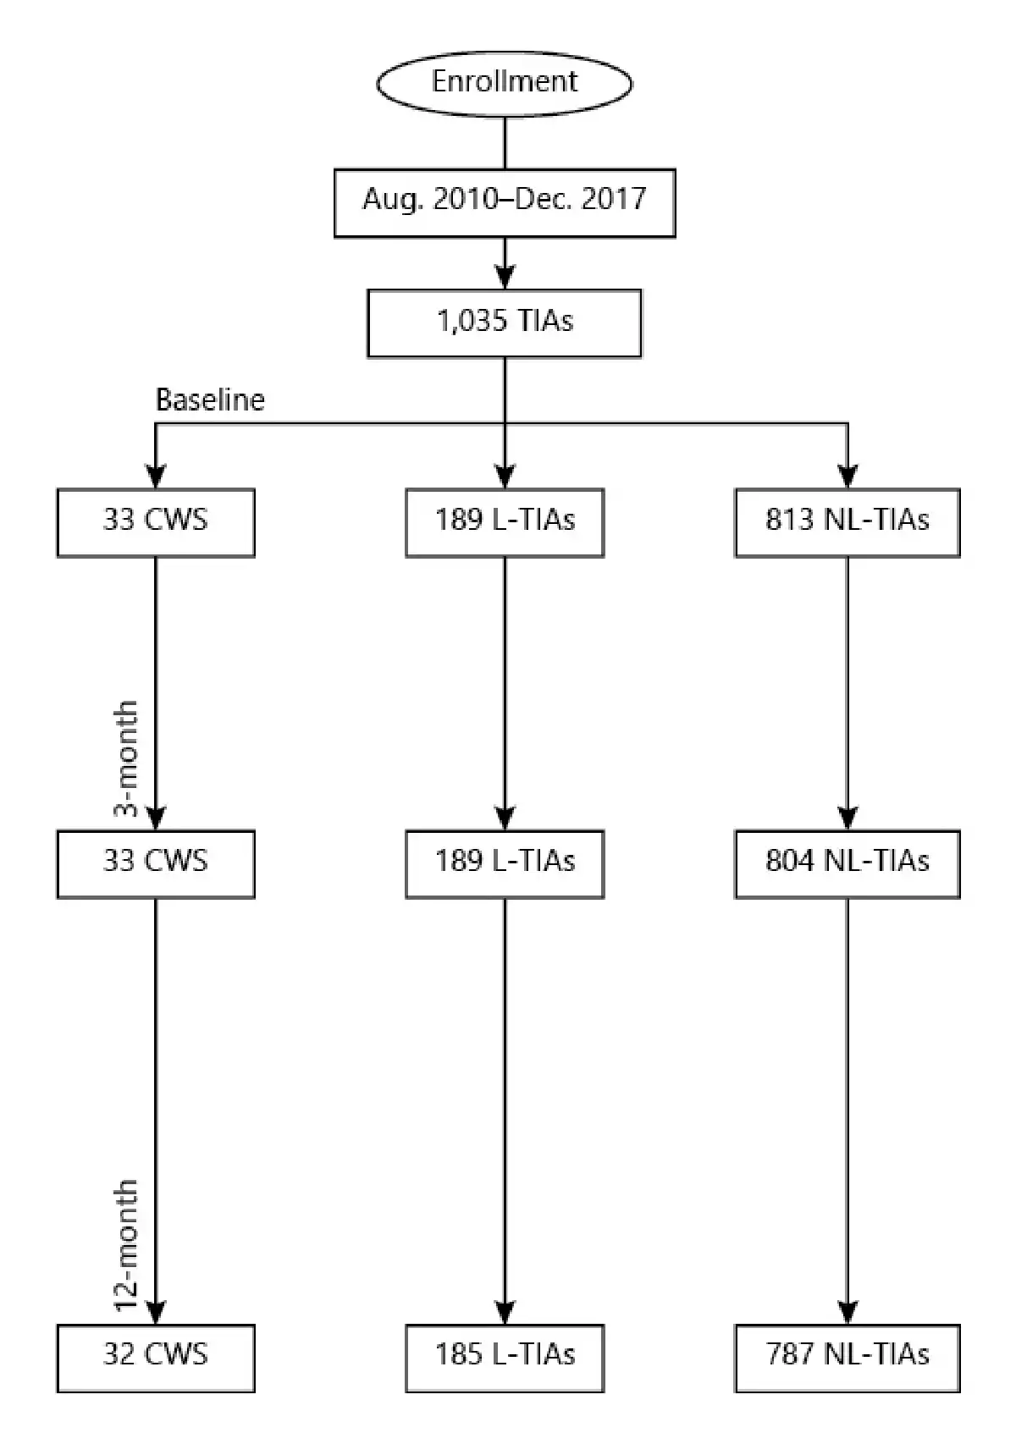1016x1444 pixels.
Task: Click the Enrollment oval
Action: click(505, 83)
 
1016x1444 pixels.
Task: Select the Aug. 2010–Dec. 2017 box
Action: click(505, 203)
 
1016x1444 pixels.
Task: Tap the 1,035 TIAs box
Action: click(505, 322)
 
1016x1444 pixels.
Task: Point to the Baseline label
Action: click(210, 400)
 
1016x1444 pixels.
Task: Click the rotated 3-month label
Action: click(126, 758)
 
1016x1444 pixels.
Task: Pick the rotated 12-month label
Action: click(126, 1244)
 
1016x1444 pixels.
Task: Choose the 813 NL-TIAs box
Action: click(848, 522)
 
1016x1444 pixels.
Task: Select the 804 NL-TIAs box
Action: click(848, 863)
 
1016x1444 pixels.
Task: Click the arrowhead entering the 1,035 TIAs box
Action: click(505, 278)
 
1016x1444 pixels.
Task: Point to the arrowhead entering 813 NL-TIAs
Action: click(848, 477)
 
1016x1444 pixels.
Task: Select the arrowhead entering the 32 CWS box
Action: click(156, 1313)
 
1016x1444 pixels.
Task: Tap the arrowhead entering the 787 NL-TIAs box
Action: click(848, 1313)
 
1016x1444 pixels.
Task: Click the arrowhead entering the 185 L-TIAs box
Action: click(505, 1313)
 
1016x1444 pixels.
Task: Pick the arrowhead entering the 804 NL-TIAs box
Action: click(848, 818)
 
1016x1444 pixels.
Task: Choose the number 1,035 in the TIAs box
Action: click(472, 321)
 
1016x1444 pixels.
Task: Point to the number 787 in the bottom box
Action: click(792, 1354)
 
